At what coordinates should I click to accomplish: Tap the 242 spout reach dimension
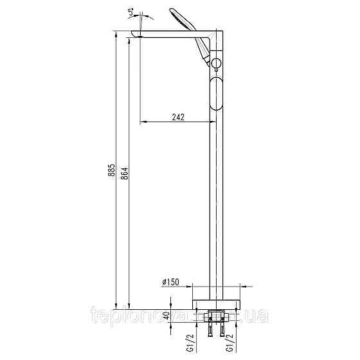[179, 117]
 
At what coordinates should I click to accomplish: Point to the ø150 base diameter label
[170, 282]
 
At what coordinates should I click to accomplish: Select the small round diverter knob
[217, 63]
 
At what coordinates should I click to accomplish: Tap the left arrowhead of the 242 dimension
[143, 122]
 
